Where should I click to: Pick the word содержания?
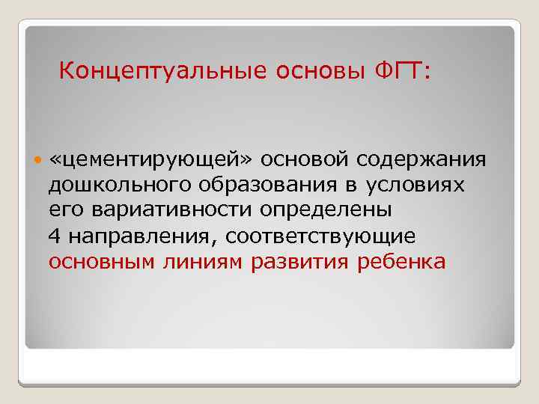coord(421,160)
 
